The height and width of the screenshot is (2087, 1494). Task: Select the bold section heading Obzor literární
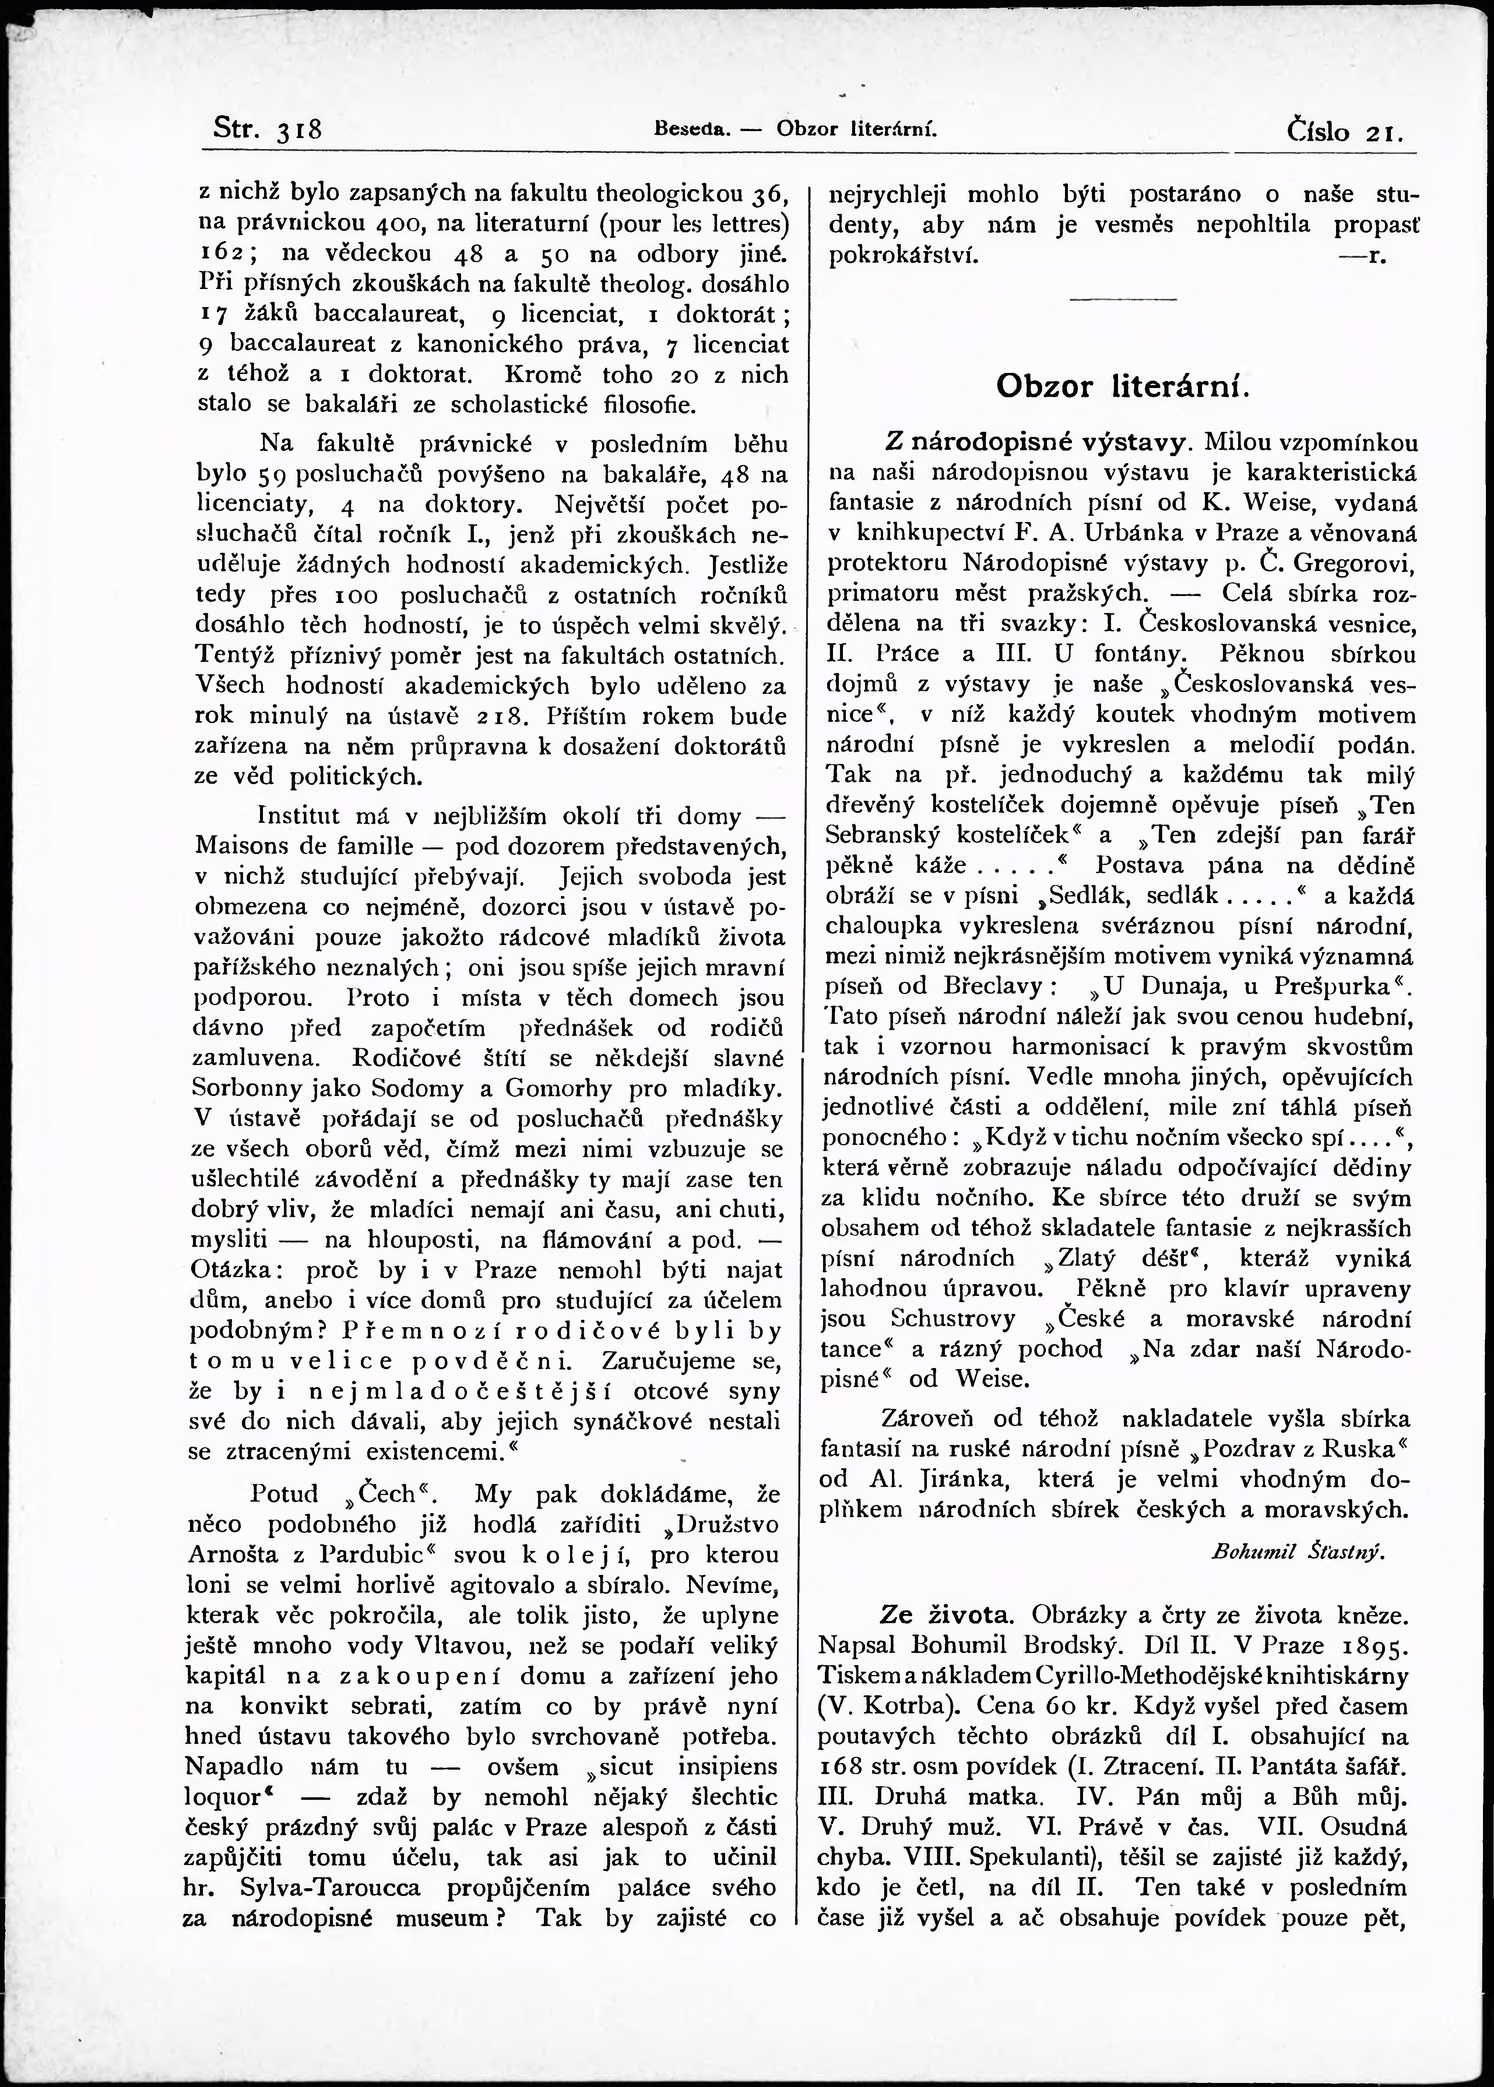point(1122,386)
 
